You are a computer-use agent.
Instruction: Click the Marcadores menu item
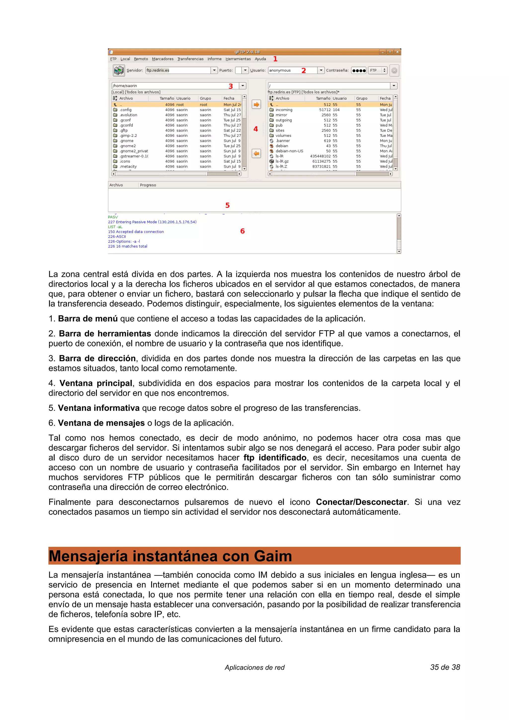163,59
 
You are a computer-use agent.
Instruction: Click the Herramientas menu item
238,59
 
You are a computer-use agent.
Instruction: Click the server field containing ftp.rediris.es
177,70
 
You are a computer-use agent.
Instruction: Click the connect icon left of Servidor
119,70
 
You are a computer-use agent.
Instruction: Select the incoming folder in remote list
284,110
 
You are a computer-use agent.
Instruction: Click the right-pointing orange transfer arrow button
256,104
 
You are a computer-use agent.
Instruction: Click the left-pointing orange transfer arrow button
256,153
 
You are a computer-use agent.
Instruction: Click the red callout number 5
227,205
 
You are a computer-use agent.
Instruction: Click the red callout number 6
242,231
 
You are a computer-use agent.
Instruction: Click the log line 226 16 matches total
128,246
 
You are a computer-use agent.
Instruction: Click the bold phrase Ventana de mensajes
101,423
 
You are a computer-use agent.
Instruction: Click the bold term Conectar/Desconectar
361,502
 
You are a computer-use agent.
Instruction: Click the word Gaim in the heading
273,556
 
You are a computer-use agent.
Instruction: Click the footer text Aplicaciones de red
254,668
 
